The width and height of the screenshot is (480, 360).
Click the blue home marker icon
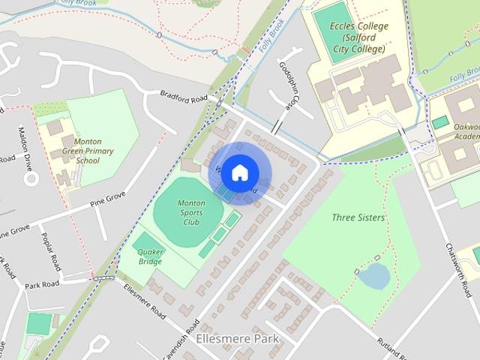239,173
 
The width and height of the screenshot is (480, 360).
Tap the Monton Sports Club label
190,212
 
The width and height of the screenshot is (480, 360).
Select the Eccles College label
359,37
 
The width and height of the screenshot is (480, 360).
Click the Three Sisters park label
358,217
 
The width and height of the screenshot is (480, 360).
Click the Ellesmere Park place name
236,338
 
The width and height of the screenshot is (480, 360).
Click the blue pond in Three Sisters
373,277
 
